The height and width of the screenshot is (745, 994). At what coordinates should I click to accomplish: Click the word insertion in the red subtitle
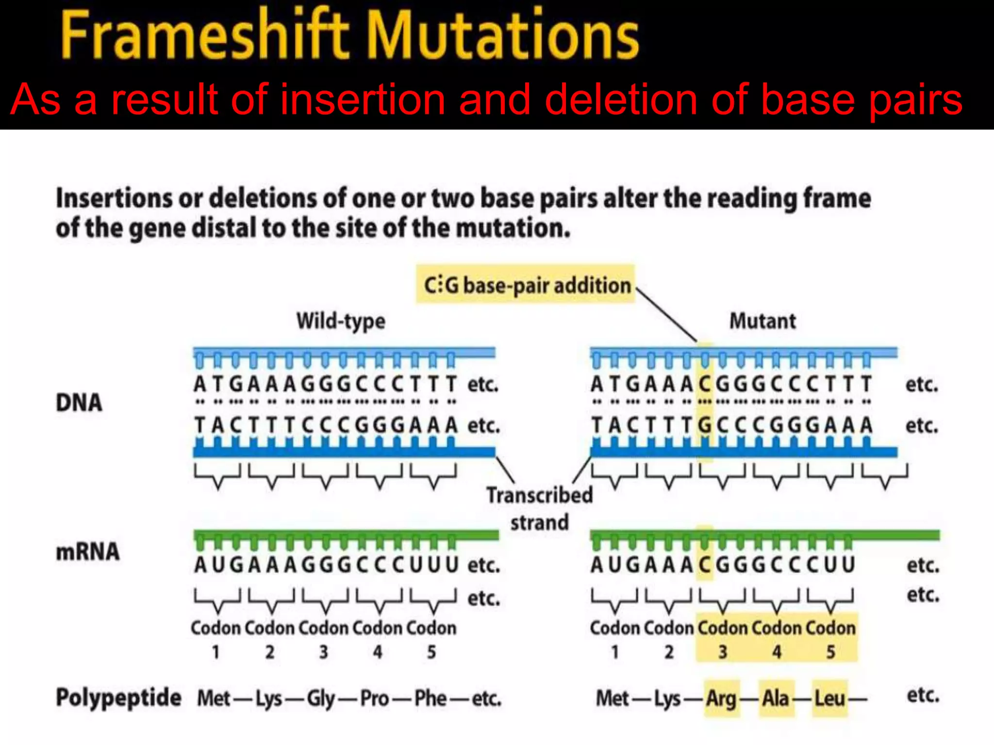[x=363, y=99]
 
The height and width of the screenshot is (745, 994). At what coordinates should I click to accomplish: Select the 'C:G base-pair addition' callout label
[x=526, y=285]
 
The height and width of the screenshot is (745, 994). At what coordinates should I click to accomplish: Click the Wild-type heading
[x=341, y=321]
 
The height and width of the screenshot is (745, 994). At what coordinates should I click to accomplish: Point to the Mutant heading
[x=762, y=321]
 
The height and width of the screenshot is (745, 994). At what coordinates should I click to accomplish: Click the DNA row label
[x=79, y=403]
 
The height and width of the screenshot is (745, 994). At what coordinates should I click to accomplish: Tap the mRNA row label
[x=87, y=552]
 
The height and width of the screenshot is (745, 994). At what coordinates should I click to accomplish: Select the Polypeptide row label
[x=118, y=697]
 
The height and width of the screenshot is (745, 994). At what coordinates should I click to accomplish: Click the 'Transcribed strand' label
[x=540, y=508]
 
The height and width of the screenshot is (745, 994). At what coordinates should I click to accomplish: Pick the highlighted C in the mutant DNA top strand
[x=705, y=384]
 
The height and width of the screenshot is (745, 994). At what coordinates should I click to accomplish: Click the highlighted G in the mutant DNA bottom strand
[x=705, y=425]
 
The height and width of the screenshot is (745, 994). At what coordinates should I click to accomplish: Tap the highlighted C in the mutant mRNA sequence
[x=705, y=565]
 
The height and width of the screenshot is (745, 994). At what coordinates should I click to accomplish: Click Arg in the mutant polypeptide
[x=721, y=698]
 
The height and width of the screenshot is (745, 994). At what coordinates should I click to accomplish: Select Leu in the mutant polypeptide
[x=829, y=698]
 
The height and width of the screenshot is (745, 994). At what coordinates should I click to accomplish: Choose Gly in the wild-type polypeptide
[x=321, y=698]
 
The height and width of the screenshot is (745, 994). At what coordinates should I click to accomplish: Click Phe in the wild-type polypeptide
[x=430, y=698]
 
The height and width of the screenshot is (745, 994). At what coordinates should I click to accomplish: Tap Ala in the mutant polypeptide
[x=776, y=698]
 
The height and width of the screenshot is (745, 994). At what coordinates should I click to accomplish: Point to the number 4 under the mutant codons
[x=777, y=652]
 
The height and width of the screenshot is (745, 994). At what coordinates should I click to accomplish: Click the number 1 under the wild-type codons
[x=216, y=652]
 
